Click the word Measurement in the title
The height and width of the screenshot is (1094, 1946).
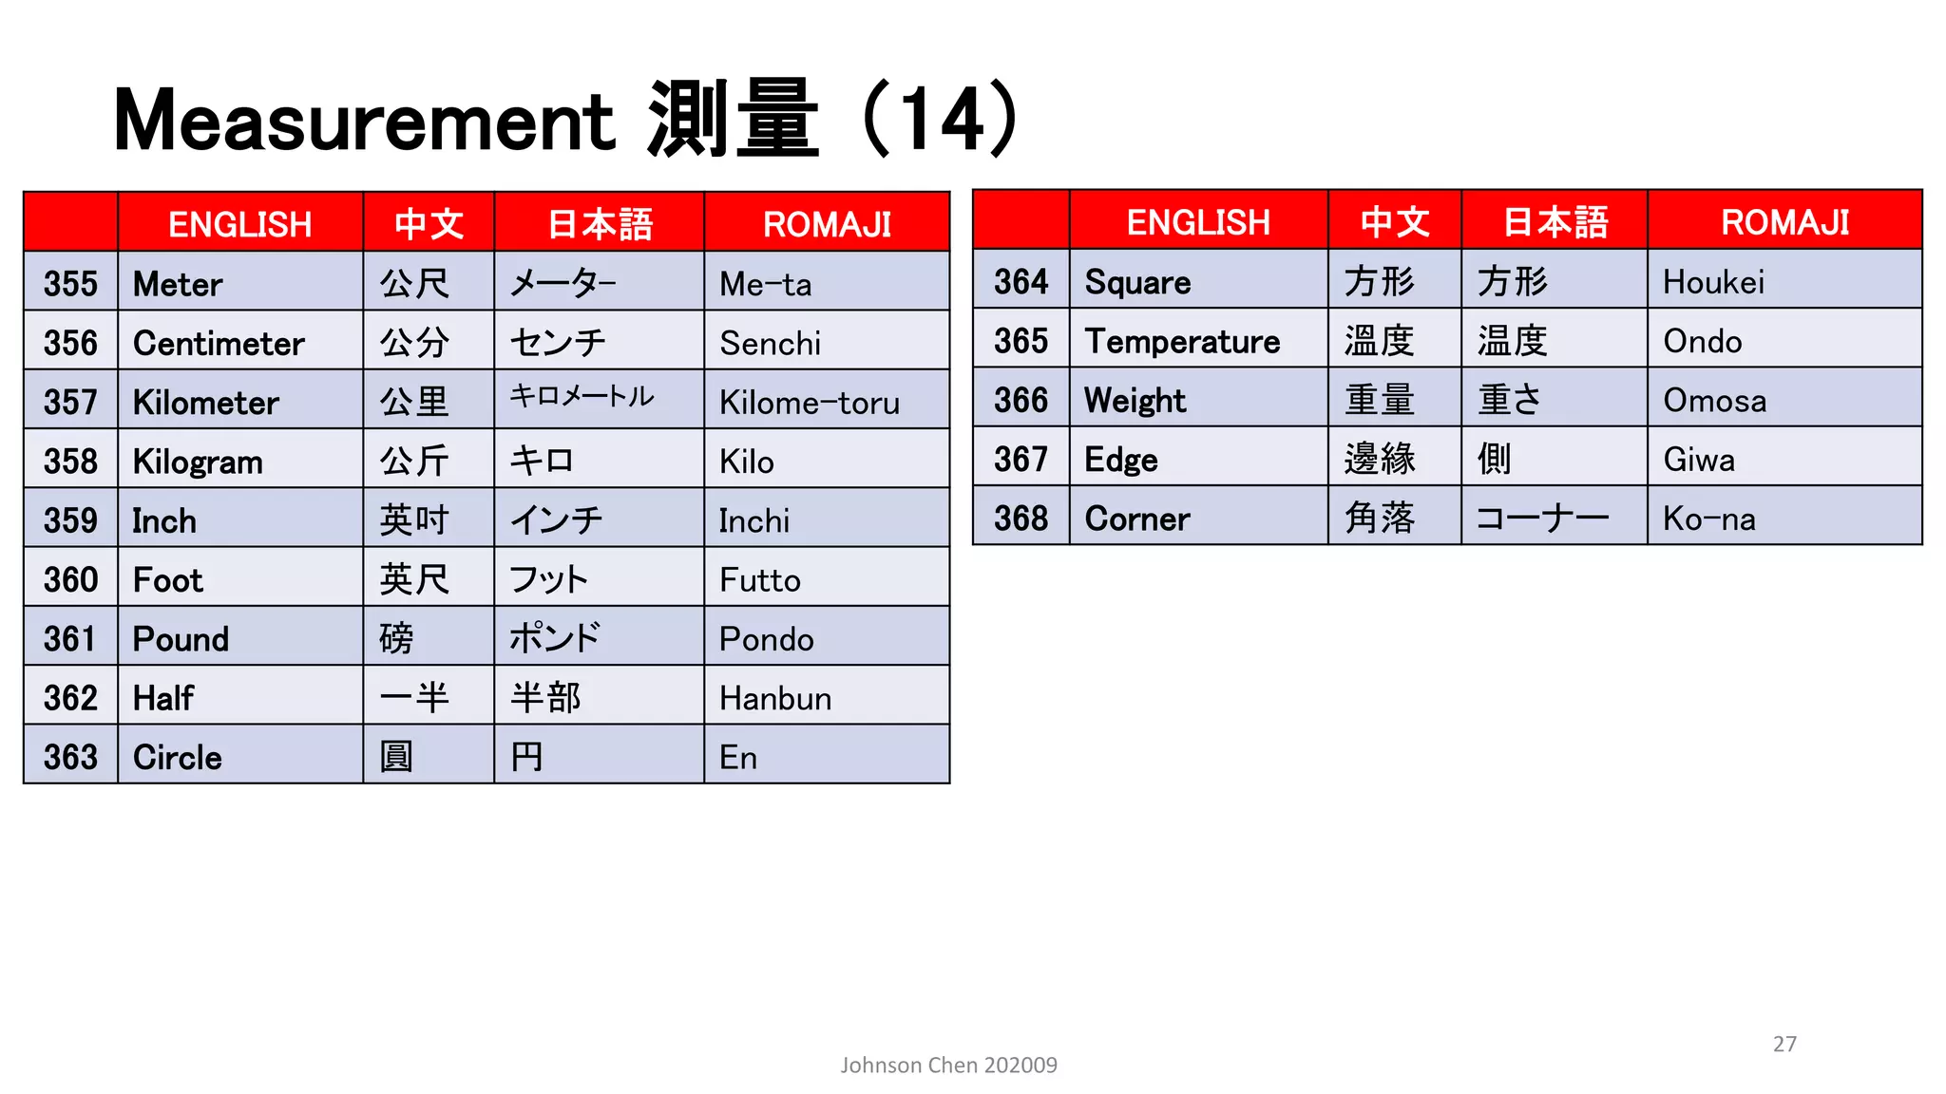[364, 121]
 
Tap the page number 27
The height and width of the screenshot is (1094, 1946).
[1784, 1044]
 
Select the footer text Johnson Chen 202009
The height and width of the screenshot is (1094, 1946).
[948, 1066]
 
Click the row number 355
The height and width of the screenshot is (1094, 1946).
[70, 284]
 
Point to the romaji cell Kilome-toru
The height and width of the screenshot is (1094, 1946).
[809, 403]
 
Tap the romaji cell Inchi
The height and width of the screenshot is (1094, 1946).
[754, 521]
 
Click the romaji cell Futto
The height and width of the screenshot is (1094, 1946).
[759, 580]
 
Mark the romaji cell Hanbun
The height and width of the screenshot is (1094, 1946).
[774, 699]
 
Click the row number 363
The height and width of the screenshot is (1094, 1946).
[70, 758]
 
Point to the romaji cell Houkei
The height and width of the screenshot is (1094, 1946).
[1713, 282]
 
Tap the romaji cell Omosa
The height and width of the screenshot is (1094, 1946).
[1714, 401]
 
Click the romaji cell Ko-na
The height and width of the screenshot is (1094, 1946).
[1708, 519]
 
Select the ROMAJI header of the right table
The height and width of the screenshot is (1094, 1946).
[1784, 222]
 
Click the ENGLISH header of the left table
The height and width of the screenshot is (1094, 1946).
[239, 225]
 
